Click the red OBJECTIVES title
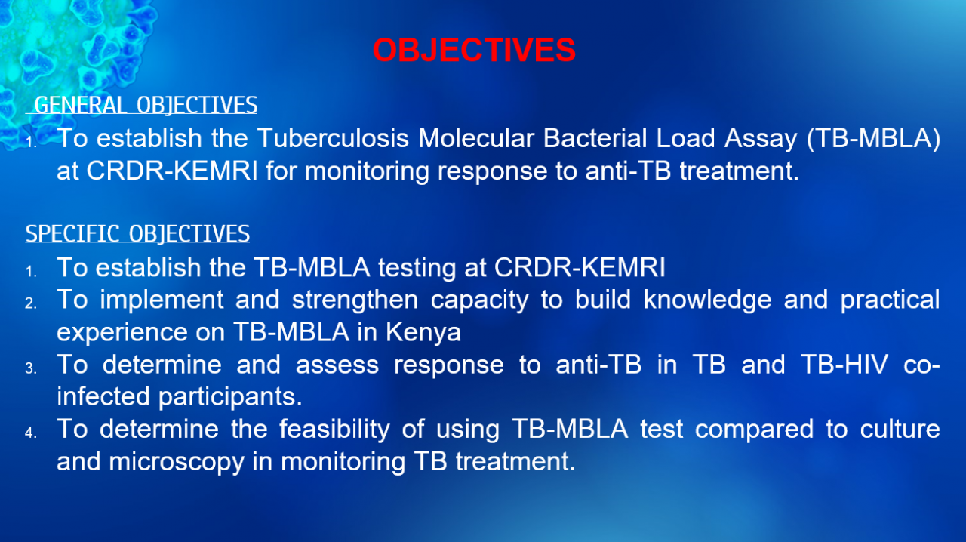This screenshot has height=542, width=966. (x=474, y=50)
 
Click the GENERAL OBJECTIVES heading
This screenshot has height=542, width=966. (x=146, y=105)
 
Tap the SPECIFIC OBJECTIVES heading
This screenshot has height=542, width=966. (x=137, y=233)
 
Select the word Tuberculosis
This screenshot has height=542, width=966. (x=333, y=138)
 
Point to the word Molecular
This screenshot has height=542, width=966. (x=476, y=138)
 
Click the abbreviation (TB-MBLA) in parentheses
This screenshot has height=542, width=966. (x=873, y=139)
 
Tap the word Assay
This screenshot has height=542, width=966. (x=761, y=140)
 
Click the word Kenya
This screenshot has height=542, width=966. (x=423, y=333)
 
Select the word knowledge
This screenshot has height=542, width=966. (x=708, y=300)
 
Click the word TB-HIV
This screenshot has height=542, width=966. (x=844, y=364)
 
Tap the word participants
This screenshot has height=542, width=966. (x=230, y=397)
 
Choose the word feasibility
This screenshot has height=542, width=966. (x=334, y=430)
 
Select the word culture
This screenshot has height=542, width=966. (x=900, y=429)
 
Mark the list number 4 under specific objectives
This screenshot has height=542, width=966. (x=31, y=433)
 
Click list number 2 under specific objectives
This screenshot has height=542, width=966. (x=31, y=303)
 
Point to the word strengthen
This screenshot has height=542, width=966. (x=355, y=300)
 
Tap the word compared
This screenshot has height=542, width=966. (x=754, y=430)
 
